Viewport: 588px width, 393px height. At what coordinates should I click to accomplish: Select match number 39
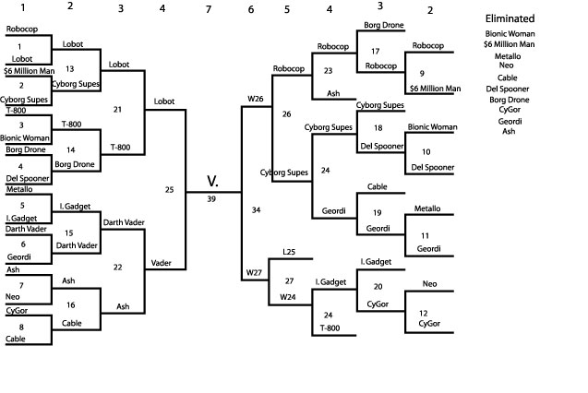212,199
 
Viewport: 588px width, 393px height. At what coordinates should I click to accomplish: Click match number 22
117,267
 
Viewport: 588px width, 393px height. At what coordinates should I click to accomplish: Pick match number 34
257,210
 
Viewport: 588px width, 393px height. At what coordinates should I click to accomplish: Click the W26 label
256,98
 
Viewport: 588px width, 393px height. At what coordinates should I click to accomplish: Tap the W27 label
256,273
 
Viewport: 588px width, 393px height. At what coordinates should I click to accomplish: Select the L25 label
289,252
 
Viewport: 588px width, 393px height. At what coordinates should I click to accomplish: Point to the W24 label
289,297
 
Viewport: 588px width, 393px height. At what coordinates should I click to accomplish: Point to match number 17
375,52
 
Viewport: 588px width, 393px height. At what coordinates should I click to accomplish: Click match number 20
378,286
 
